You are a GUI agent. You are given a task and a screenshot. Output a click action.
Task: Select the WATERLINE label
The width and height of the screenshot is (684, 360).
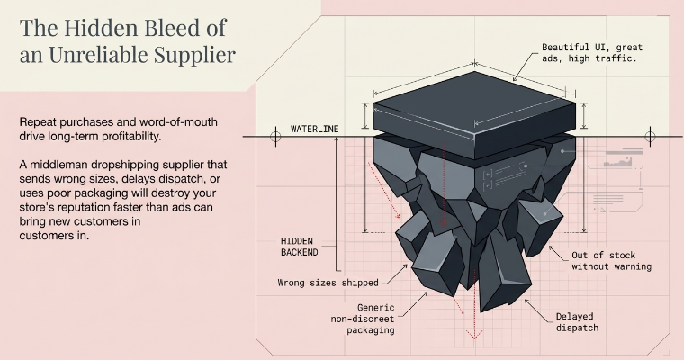coord(314,130)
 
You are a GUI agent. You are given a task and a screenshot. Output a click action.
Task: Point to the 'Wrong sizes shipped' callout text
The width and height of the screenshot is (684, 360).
coord(328,283)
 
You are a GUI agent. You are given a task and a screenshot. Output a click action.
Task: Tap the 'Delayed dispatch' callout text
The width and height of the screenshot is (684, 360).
coord(577,322)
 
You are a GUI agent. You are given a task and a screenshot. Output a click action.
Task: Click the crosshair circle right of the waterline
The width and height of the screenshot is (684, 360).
coord(651,137)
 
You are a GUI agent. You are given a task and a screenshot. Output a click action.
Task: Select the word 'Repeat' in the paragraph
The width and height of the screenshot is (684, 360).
coord(40,122)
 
